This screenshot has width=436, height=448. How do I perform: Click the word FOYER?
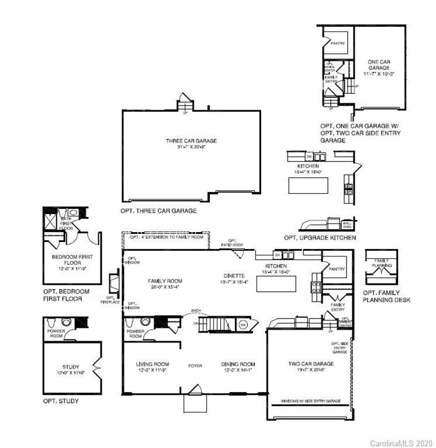(195, 366)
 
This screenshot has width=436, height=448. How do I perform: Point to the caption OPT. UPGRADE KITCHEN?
(320, 238)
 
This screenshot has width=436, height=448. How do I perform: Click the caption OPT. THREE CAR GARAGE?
(158, 211)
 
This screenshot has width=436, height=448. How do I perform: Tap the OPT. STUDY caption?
(60, 401)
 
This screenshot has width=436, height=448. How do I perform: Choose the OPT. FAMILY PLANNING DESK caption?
(386, 296)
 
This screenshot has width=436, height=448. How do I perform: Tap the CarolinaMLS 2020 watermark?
(402, 443)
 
